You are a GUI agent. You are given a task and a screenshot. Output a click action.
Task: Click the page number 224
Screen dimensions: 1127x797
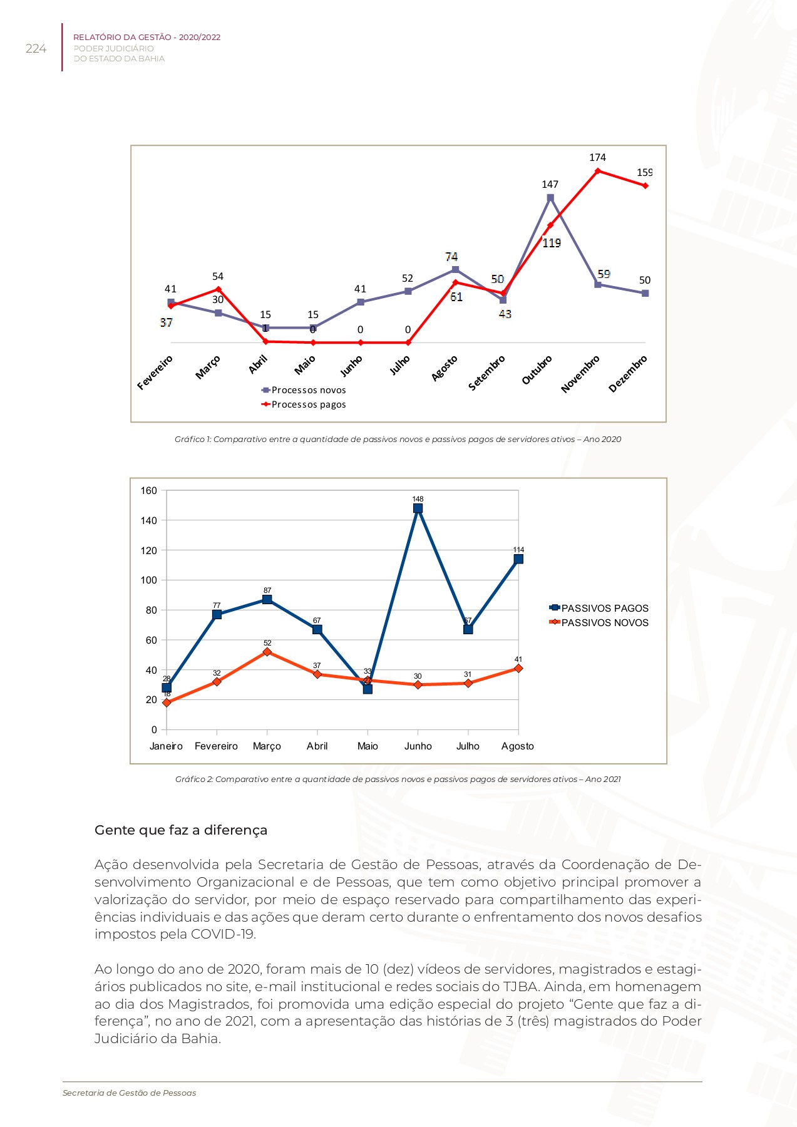36,49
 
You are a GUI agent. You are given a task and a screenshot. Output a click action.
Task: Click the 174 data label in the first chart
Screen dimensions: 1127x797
597,158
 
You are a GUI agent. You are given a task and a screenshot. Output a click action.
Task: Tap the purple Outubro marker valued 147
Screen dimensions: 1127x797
550,198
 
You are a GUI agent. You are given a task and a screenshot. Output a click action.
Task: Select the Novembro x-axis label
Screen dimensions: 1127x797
580,374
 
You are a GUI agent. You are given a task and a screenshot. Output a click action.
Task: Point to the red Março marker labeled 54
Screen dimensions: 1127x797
218,289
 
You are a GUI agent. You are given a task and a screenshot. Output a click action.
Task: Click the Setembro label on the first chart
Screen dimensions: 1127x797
486,373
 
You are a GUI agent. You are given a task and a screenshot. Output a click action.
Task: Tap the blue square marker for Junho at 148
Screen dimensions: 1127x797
418,508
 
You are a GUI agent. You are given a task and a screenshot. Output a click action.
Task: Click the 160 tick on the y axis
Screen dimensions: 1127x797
148,491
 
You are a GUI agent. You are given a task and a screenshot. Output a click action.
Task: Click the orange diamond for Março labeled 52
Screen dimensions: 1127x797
267,652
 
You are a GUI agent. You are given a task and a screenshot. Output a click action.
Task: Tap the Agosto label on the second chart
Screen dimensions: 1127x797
518,746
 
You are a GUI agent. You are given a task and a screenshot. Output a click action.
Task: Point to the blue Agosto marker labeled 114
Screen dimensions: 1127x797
518,559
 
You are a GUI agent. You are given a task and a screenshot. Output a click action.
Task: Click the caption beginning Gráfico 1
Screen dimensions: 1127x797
398,440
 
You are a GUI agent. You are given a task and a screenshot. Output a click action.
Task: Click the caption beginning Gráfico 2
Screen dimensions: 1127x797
398,780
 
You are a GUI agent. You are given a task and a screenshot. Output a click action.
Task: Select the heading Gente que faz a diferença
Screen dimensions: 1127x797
181,830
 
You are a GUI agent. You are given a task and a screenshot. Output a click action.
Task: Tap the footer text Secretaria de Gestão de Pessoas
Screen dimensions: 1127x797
130,1093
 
